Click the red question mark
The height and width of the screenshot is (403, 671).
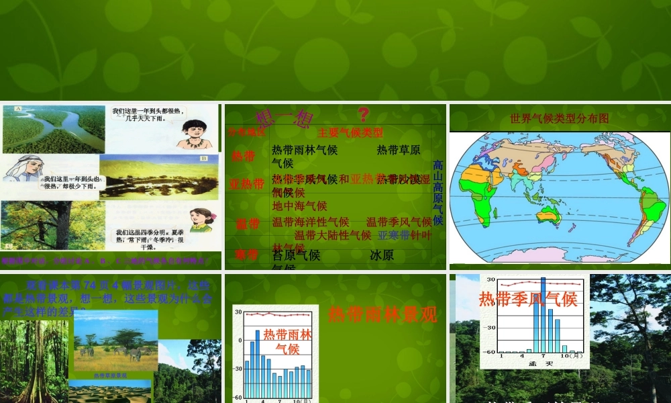click(x=364, y=115)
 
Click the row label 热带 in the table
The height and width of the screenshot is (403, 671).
click(x=244, y=156)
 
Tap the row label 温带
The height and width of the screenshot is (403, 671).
click(x=247, y=224)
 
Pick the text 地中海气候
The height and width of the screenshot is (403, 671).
click(x=299, y=206)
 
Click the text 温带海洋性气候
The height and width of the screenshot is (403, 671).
click(x=311, y=222)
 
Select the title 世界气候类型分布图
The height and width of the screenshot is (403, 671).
click(x=559, y=118)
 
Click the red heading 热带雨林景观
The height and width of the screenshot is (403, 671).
click(x=382, y=314)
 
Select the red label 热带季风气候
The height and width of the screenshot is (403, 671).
click(x=528, y=299)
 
